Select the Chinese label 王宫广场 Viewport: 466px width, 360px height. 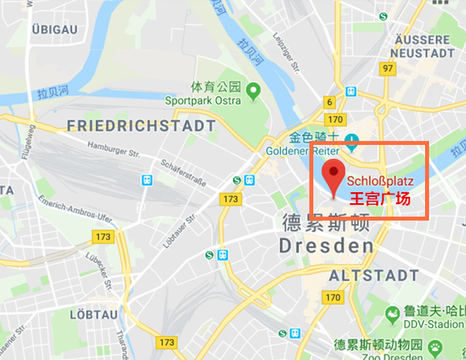380,199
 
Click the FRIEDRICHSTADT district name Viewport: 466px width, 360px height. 142,126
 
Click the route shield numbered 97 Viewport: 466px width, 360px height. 386,69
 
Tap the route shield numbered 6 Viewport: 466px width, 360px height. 329,102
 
